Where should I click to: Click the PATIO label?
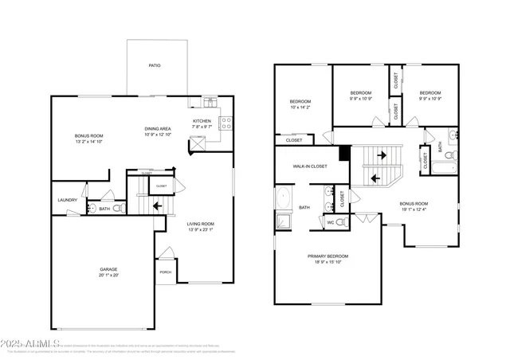pyautogui.click(x=155, y=65)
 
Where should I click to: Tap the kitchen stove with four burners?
pyautogui.click(x=226, y=123)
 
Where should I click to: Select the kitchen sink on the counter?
pyautogui.click(x=210, y=102)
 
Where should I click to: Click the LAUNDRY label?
pyautogui.click(x=68, y=200)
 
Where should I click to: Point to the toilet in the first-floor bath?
pyautogui.click(x=117, y=209)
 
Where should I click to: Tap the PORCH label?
pyautogui.click(x=166, y=272)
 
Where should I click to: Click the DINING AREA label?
pyautogui.click(x=158, y=127)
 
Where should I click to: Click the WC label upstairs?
pyautogui.click(x=330, y=222)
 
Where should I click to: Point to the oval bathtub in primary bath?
pyautogui.click(x=283, y=198)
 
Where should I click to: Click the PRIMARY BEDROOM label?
pyautogui.click(x=328, y=256)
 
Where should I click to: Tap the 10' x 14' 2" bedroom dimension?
pyautogui.click(x=300, y=108)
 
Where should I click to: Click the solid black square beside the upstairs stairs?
pyautogui.click(x=344, y=153)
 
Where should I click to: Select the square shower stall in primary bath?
pyautogui.click(x=283, y=221)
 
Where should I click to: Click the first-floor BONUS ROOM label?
pyautogui.click(x=89, y=135)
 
